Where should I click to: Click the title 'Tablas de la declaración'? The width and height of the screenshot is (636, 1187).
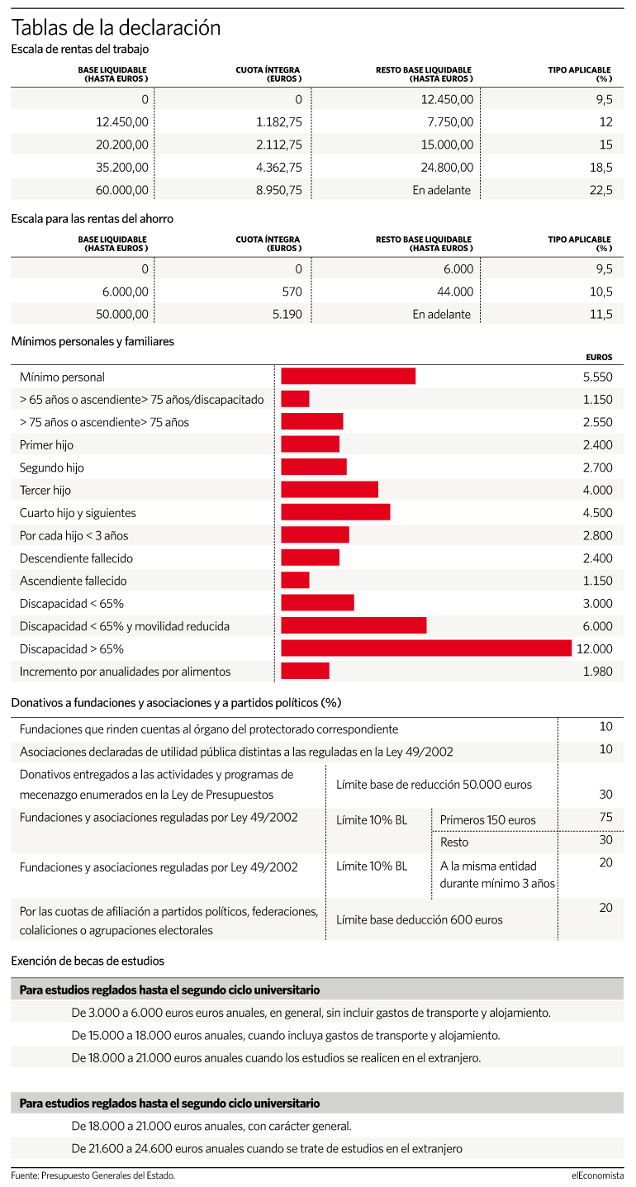click(x=116, y=27)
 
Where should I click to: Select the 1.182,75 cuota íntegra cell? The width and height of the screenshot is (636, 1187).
click(x=279, y=122)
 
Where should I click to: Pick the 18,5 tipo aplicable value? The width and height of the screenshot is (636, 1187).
click(x=601, y=168)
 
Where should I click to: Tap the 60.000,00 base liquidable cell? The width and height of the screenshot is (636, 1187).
click(x=122, y=190)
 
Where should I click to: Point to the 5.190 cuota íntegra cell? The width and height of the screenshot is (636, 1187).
click(x=287, y=314)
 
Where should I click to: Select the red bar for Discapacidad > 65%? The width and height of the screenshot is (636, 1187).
click(x=426, y=648)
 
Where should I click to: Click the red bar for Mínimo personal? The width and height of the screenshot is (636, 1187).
click(x=349, y=376)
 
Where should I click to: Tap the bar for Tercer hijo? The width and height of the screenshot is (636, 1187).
click(x=330, y=490)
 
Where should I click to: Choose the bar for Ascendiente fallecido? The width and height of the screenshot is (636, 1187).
click(x=295, y=580)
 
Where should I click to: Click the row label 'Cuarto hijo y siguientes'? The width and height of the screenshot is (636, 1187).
click(x=78, y=513)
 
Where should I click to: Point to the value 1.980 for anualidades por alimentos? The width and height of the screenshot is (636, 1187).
click(x=598, y=672)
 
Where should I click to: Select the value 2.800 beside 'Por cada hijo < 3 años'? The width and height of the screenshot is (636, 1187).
click(x=598, y=535)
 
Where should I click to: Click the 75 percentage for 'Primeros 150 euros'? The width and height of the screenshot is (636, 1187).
click(x=605, y=817)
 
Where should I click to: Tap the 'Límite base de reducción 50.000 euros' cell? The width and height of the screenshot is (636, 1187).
click(x=434, y=785)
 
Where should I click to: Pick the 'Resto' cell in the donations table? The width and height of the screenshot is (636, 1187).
click(x=454, y=842)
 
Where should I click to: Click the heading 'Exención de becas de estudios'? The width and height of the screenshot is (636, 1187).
click(x=88, y=961)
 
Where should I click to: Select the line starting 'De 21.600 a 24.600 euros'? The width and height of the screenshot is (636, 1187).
click(x=267, y=1148)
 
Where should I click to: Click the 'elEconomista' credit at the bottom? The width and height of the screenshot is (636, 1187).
click(x=597, y=1175)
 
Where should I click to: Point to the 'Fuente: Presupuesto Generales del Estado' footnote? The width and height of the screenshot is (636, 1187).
click(x=93, y=1175)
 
